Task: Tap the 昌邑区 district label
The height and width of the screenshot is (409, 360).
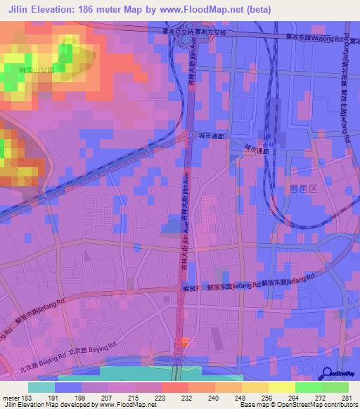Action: [x=304, y=188]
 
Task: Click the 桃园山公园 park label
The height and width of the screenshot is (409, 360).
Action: [x=37, y=72]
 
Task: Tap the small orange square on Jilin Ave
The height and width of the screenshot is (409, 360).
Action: [x=183, y=342]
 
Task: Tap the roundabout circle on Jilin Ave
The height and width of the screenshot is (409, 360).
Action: [x=189, y=134]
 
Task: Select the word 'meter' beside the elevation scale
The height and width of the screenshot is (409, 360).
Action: [x=10, y=398]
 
